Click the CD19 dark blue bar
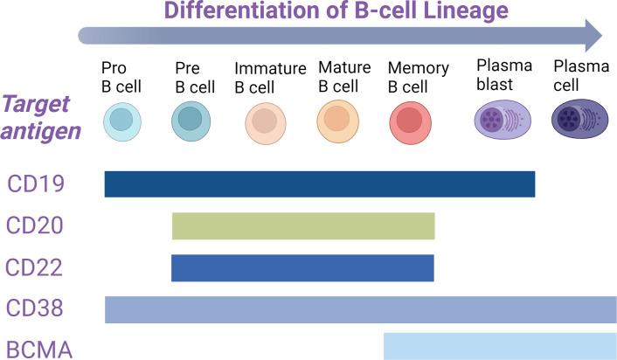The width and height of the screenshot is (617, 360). pyautogui.click(x=319, y=183)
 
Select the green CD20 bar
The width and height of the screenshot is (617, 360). pyautogui.click(x=303, y=225)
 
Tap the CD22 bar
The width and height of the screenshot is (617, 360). pyautogui.click(x=302, y=267)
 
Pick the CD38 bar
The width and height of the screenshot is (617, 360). pyautogui.click(x=360, y=309)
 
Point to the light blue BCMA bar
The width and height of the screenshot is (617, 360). pyautogui.click(x=500, y=346)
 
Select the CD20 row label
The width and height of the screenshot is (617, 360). pyautogui.click(x=34, y=225)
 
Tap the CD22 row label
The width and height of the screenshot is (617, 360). pyautogui.click(x=34, y=267)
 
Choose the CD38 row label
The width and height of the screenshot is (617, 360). pyautogui.click(x=34, y=309)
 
